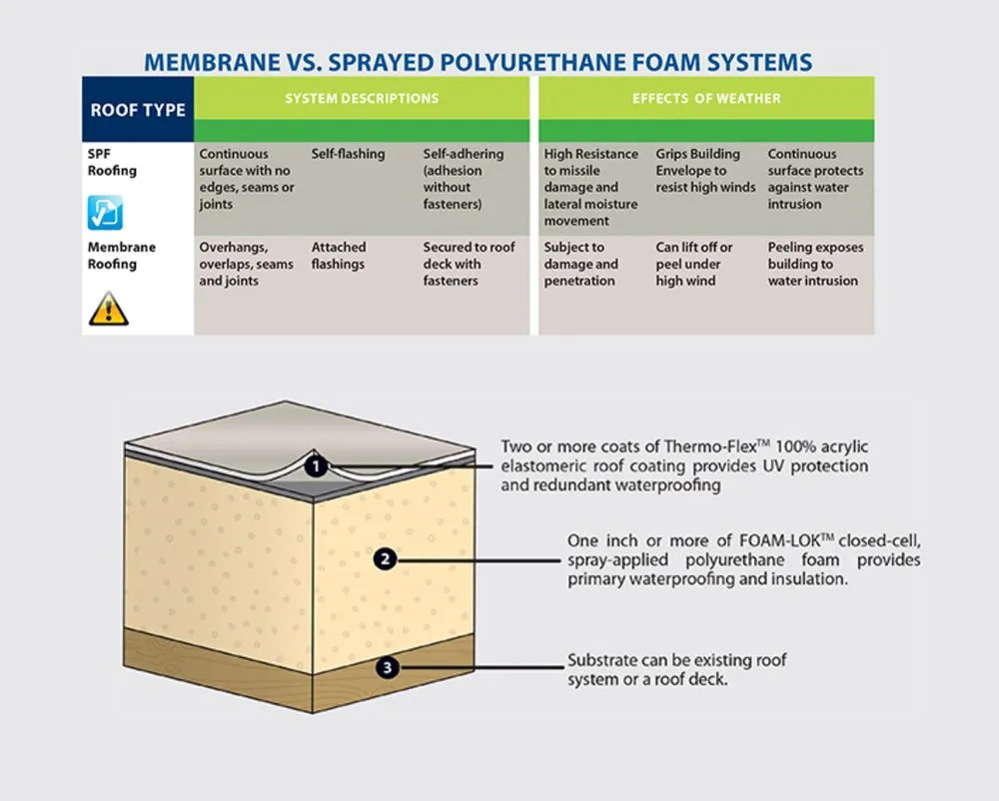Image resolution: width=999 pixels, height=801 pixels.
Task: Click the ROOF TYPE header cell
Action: tap(138, 109)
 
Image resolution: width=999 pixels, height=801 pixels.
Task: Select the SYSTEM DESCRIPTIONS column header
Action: tap(362, 99)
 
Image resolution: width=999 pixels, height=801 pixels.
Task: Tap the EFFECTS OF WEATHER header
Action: tap(706, 99)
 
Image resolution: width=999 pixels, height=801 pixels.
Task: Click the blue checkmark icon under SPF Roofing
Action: tap(105, 212)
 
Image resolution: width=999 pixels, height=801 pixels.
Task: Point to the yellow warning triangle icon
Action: tap(109, 310)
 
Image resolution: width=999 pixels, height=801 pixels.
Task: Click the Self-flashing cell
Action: tap(348, 155)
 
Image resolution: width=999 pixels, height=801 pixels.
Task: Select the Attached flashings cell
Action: tap(339, 256)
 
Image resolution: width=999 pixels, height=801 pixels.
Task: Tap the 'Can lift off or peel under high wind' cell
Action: tap(694, 264)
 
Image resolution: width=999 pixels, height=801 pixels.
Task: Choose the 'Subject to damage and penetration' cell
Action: tap(581, 264)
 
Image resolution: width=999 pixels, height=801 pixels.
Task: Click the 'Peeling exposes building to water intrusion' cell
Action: tap(815, 264)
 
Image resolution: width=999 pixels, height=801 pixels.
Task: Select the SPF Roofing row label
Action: tap(112, 162)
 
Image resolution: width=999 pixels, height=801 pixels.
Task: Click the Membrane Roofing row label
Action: tap(122, 256)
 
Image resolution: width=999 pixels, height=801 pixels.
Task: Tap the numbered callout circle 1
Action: tap(316, 465)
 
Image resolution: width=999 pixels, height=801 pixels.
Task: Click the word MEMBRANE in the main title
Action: tap(211, 62)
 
